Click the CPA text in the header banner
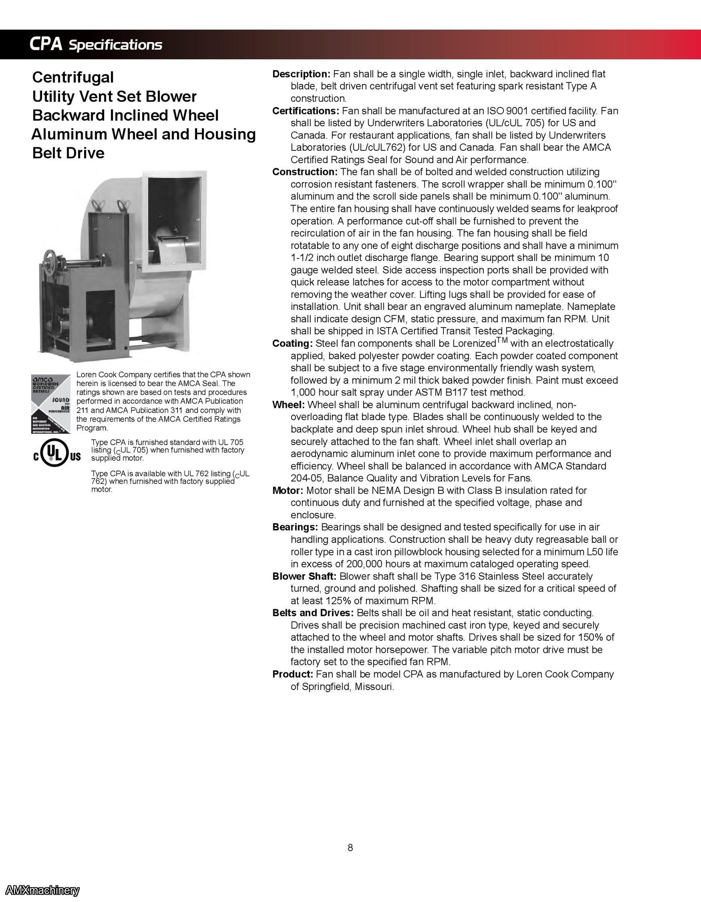tap(46, 44)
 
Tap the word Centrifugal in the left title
tap(73, 77)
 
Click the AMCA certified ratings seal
tap(50, 404)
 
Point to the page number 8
tap(350, 848)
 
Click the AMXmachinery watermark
tap(40, 890)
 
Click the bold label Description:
tap(301, 74)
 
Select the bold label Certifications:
tap(305, 111)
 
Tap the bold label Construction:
tap(304, 172)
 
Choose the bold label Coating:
tap(292, 343)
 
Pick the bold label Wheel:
tap(288, 405)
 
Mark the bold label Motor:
tap(287, 490)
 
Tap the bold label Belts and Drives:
tap(313, 613)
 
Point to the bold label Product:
tap(292, 674)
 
